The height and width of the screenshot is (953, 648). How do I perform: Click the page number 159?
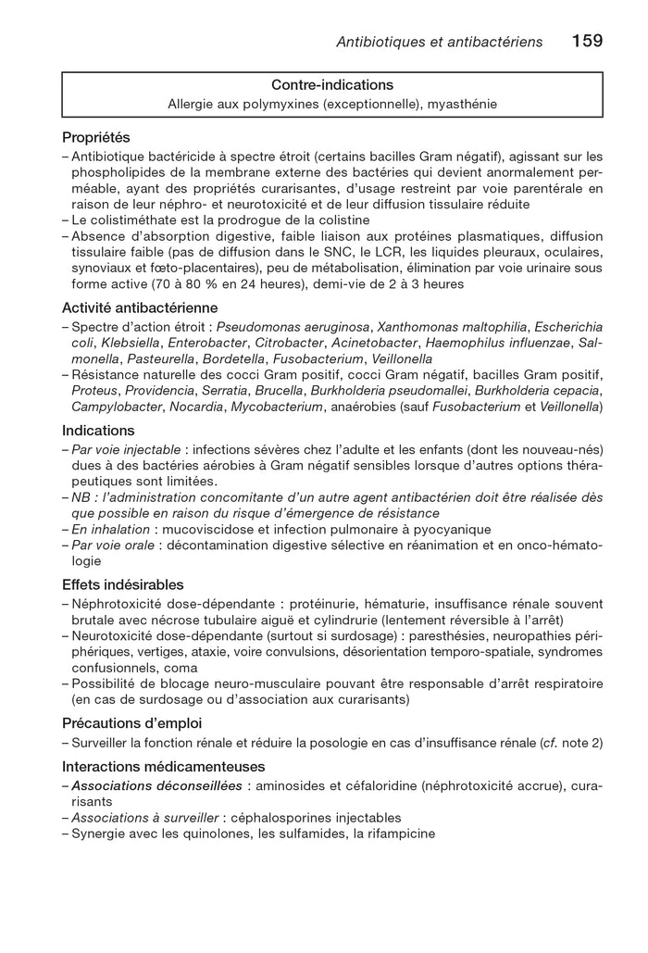pos(587,41)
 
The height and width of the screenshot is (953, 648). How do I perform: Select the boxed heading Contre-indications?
pos(332,85)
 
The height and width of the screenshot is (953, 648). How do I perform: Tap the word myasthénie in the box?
pos(463,104)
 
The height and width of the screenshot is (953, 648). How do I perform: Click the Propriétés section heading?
pos(96,137)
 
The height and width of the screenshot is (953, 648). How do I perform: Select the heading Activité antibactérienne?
pos(140,307)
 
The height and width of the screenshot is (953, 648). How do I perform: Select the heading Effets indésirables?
pos(122,584)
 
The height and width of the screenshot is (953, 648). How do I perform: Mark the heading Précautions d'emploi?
pos(131,722)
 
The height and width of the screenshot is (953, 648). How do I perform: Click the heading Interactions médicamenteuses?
pos(163,767)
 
